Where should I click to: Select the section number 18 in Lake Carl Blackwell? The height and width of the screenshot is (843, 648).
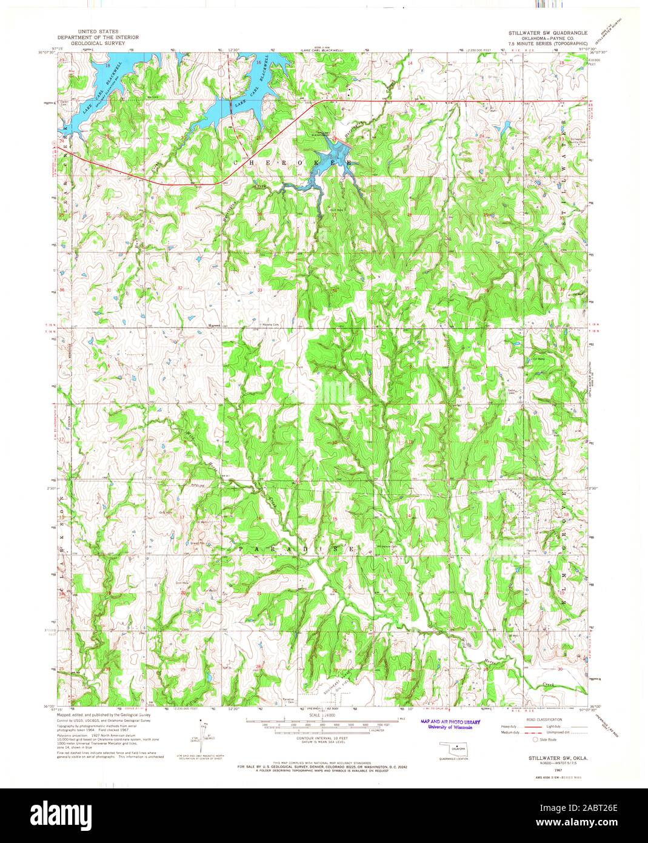(107, 64)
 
